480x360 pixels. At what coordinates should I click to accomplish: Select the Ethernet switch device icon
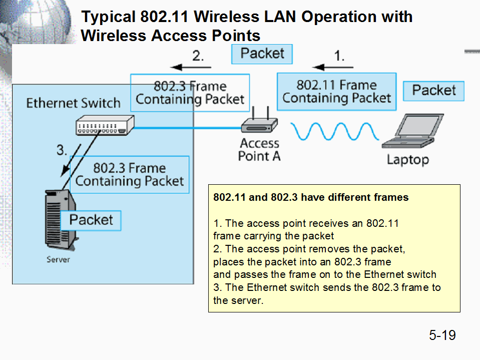pyautogui.click(x=105, y=125)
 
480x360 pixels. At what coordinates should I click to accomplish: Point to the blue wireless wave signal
pyautogui.click(x=335, y=131)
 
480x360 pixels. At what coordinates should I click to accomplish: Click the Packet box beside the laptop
pyautogui.click(x=433, y=91)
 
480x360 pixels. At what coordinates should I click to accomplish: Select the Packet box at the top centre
pyautogui.click(x=262, y=54)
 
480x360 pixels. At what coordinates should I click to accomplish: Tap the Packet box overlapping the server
pyautogui.click(x=91, y=220)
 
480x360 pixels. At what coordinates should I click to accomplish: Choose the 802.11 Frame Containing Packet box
pyautogui.click(x=336, y=92)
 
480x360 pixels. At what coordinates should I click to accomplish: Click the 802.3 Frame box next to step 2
pyautogui.click(x=190, y=93)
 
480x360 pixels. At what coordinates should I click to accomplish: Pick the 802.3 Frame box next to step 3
pyautogui.click(x=130, y=174)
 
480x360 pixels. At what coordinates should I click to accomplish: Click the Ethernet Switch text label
pyautogui.click(x=73, y=103)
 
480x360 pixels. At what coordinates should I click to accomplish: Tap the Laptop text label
pyautogui.click(x=407, y=160)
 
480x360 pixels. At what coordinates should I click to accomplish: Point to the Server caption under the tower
pyautogui.click(x=58, y=259)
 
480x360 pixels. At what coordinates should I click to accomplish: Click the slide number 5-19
pyautogui.click(x=442, y=335)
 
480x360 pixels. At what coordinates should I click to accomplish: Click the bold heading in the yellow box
pyautogui.click(x=311, y=197)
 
